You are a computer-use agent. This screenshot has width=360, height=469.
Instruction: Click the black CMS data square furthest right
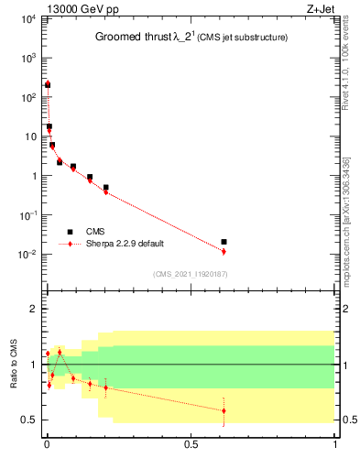tap(224, 242)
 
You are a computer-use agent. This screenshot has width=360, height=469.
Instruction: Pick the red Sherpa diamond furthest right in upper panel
tap(224, 251)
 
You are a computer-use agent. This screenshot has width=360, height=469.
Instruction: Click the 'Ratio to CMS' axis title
tap(14, 365)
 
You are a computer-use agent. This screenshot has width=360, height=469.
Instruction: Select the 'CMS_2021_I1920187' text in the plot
tap(191, 274)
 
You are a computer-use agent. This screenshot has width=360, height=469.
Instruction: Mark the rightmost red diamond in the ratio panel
tap(224, 410)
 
